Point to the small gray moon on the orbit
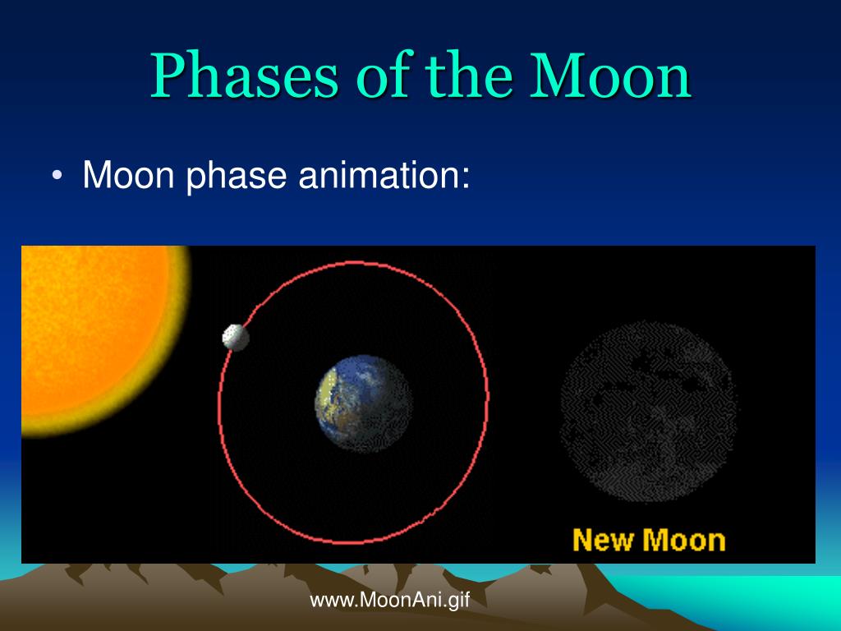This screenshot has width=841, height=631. pos(236,338)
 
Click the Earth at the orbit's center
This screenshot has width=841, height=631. pos(364,403)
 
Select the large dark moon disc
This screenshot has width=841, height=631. pos(649,412)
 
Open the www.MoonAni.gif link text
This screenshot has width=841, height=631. pos(390,599)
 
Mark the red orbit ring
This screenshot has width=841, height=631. pos(488,403)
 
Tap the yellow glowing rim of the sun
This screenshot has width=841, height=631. pos(179,343)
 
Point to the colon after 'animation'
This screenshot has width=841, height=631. pos(466,178)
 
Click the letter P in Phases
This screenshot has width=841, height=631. pos(168,75)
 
